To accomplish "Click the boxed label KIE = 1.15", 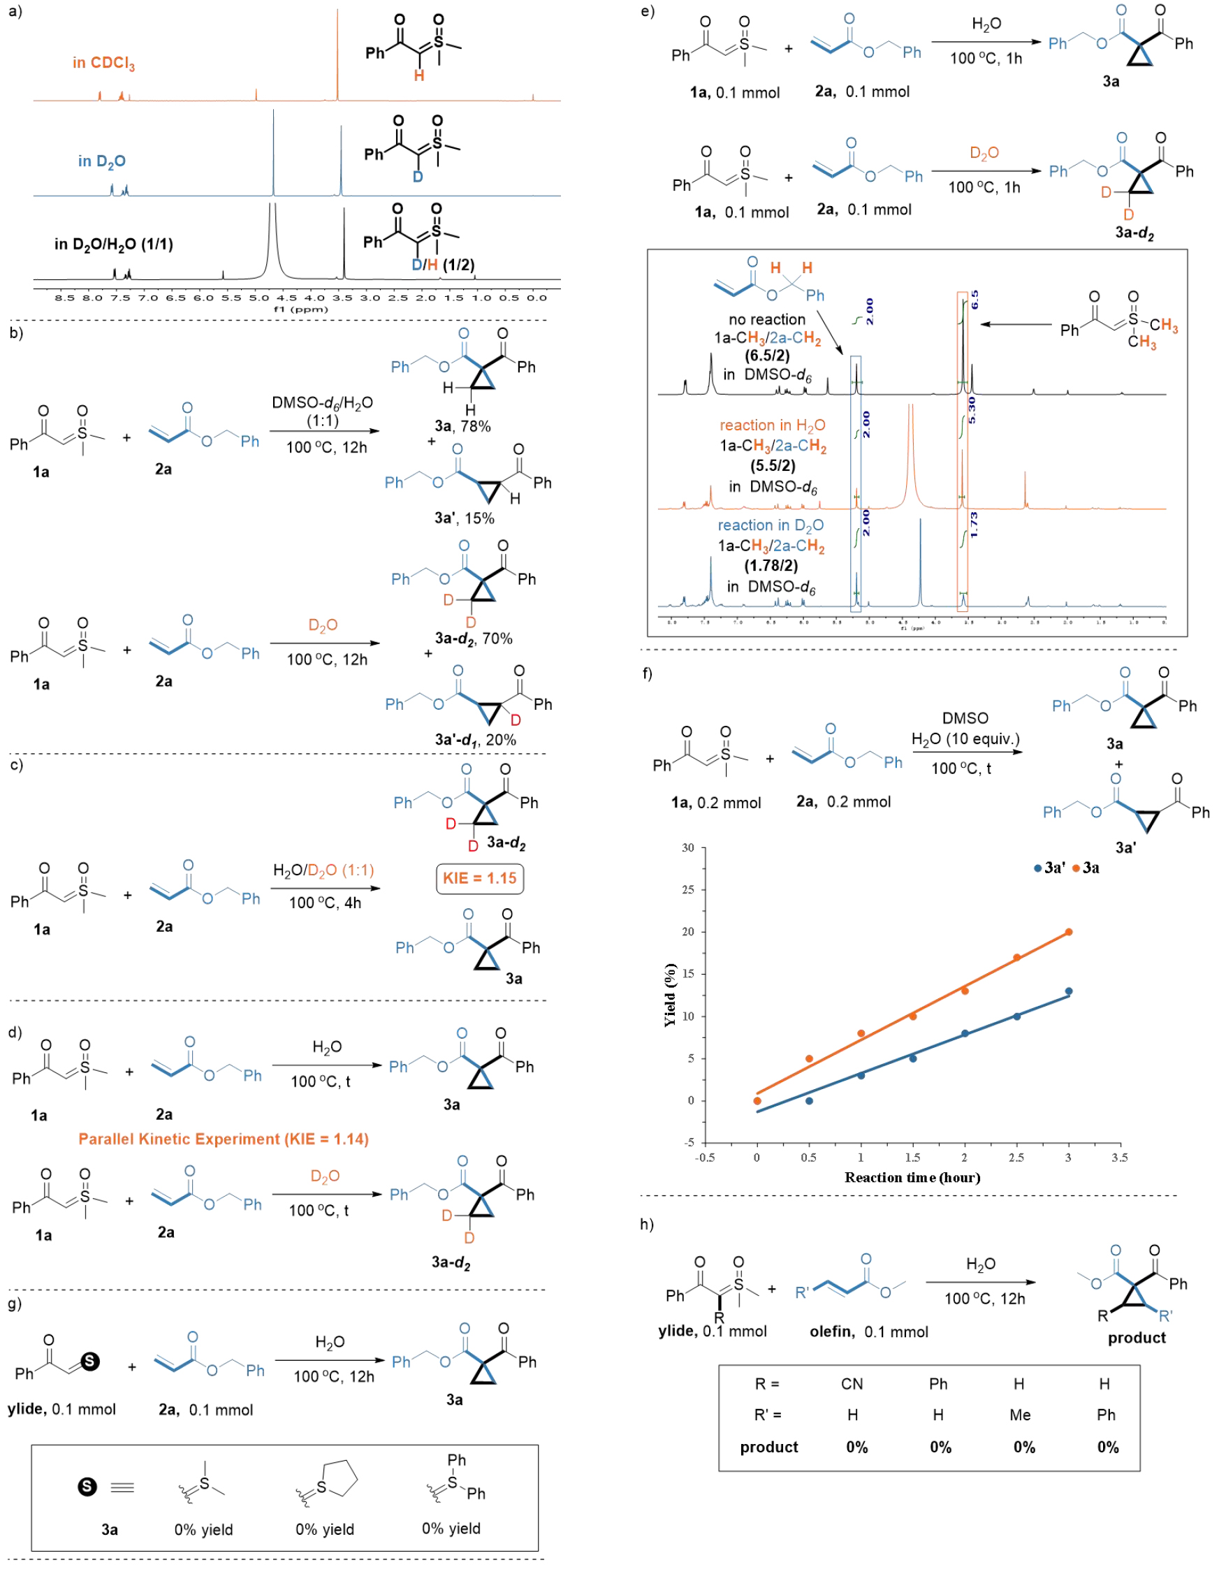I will [480, 878].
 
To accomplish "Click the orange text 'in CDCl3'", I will [104, 63].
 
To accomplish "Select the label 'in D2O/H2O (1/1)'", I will [114, 244].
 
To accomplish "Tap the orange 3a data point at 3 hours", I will [1068, 932].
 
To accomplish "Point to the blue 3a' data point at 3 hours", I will [1068, 991].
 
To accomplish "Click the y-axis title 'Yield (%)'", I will [670, 995].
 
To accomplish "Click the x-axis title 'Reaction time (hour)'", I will [912, 1177].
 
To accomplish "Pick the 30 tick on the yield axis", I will [688, 847].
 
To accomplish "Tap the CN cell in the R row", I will [852, 1384].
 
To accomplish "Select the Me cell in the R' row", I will [1019, 1415].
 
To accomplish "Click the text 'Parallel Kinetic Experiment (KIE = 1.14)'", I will [224, 1139].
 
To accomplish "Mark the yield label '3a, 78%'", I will [462, 427].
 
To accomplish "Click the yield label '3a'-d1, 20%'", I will [475, 740].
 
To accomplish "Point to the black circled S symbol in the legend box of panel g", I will [87, 1487].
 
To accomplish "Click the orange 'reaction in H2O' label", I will [772, 425].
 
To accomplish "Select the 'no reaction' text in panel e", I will [767, 319].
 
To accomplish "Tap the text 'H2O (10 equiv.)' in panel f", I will [965, 738].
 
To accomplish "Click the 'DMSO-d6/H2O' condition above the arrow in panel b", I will [322, 403].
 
